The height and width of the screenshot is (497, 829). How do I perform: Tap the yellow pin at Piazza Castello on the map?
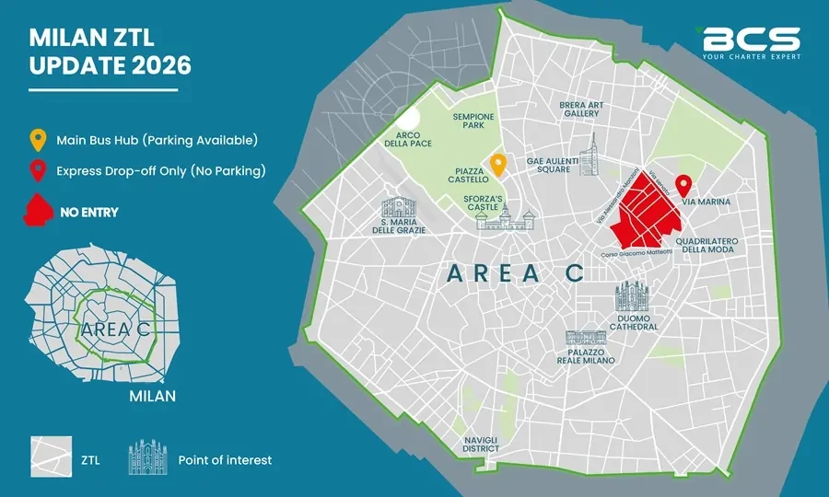(x=498, y=164)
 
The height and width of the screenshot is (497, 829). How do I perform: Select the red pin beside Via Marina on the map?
(x=683, y=184)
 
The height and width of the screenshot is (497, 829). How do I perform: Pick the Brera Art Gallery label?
(x=581, y=109)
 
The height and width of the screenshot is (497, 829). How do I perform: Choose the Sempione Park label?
(x=473, y=121)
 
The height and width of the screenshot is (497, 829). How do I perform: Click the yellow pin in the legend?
(x=37, y=141)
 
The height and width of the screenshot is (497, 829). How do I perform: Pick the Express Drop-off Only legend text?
(x=160, y=170)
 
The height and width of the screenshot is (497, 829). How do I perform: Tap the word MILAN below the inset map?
(x=152, y=397)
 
